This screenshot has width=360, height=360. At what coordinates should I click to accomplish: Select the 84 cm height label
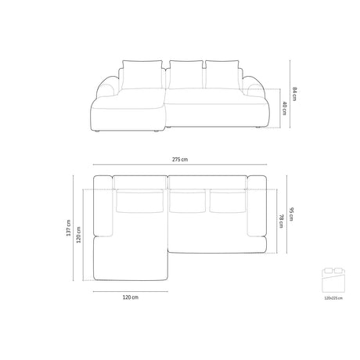(x=295, y=92)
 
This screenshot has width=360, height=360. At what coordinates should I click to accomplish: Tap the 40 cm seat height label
(x=284, y=110)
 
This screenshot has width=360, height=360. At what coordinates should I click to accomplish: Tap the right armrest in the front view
(x=253, y=88)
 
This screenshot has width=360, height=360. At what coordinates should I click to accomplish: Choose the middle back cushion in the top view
(x=185, y=201)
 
